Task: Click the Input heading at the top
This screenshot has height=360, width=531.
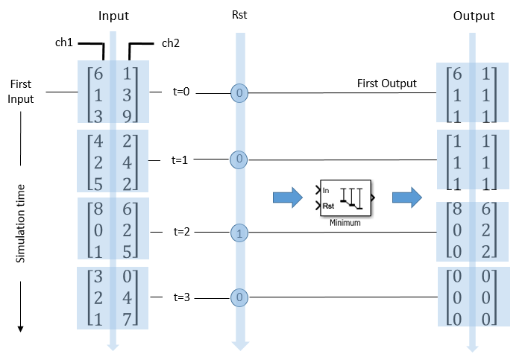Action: [113, 16]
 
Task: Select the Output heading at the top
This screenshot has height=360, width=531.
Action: [473, 16]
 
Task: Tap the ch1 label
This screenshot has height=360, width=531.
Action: [65, 42]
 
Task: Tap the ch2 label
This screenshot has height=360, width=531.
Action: [171, 42]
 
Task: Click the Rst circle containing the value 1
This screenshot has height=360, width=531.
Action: [239, 233]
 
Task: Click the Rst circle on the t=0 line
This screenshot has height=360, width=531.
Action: [239, 94]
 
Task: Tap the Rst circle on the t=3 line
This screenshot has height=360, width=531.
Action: [239, 298]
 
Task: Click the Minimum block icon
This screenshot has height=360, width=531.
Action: [344, 198]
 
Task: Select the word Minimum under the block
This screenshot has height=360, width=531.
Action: [344, 222]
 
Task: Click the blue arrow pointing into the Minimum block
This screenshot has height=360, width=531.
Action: [287, 198]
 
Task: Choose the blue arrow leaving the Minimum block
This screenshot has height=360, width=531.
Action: [406, 198]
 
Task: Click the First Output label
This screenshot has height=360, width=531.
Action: [387, 83]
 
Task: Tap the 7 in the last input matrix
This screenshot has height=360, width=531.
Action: [128, 318]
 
